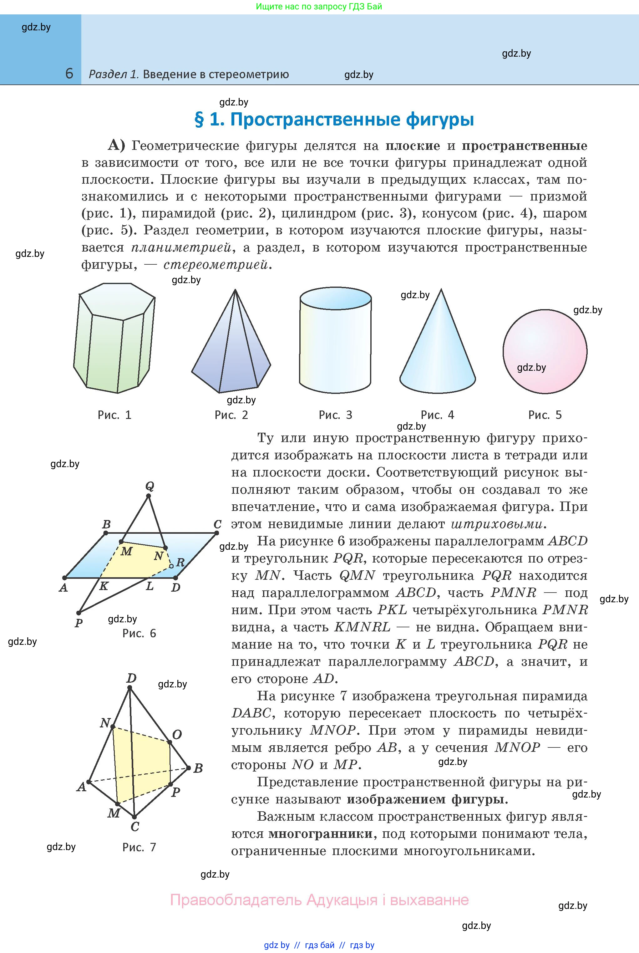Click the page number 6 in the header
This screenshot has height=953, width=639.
(69, 74)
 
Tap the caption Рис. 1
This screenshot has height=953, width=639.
(114, 415)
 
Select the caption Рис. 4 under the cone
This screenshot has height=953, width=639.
(437, 415)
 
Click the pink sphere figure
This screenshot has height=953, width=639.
(545, 351)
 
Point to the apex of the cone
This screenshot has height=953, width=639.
(441, 290)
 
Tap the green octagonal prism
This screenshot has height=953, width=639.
(114, 338)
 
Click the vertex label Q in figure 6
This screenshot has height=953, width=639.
(149, 486)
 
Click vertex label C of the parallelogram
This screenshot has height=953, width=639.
(218, 524)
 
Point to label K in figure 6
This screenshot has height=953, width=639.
(104, 586)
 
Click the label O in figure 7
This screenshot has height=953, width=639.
(177, 735)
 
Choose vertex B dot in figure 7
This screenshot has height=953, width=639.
(189, 768)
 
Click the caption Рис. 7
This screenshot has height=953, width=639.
(139, 847)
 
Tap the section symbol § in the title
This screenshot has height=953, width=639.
(199, 120)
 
